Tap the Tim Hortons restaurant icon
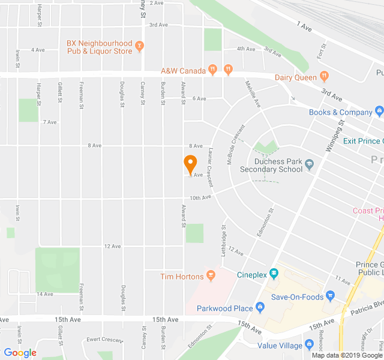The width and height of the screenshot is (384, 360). pyautogui.click(x=210, y=276)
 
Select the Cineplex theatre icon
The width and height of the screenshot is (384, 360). pyautogui.click(x=274, y=274)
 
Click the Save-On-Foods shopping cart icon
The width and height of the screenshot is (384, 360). pyautogui.click(x=330, y=296)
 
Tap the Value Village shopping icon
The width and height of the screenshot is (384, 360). pyautogui.click(x=309, y=344)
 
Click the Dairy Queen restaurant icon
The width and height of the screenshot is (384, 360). pyautogui.click(x=324, y=76)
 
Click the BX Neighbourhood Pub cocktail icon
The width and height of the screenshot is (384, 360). pyautogui.click(x=140, y=44)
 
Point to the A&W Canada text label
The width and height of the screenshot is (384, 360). pyautogui.click(x=184, y=70)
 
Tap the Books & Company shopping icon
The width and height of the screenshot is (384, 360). pyautogui.click(x=379, y=111)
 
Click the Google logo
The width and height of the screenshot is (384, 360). pyautogui.click(x=20, y=353)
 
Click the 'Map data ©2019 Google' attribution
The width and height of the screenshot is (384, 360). pyautogui.click(x=346, y=355)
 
